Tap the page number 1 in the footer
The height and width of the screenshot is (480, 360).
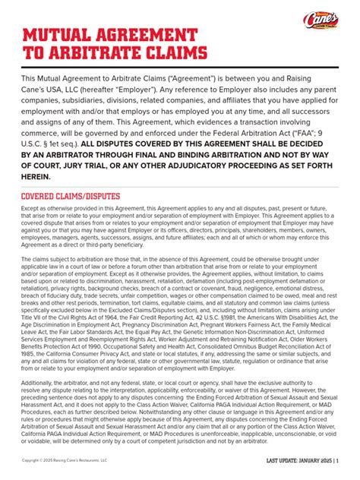(x=336, y=461)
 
